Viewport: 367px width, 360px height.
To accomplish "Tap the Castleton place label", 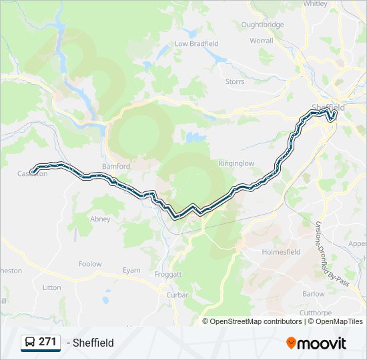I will (x=33, y=174).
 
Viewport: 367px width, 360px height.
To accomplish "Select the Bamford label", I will (x=115, y=166).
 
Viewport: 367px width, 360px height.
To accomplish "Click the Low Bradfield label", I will (x=196, y=44).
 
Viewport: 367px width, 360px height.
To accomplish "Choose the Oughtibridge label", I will (x=262, y=25).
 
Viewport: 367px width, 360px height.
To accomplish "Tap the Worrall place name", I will (x=262, y=41).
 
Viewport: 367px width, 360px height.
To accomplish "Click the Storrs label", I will (x=235, y=81).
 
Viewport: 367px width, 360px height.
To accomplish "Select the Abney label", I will (x=100, y=219).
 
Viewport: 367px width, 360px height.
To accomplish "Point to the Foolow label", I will (x=90, y=264).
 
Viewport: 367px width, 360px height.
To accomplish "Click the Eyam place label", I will (x=131, y=270).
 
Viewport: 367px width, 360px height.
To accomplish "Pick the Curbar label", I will (x=178, y=295).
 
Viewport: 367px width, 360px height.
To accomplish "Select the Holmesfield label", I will (x=281, y=252).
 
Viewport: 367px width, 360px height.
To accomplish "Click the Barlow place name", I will (x=314, y=294).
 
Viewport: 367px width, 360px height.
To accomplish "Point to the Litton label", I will (x=51, y=287).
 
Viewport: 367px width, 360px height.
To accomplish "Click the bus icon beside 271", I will (x=30, y=342).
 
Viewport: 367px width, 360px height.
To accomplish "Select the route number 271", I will (x=47, y=342).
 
